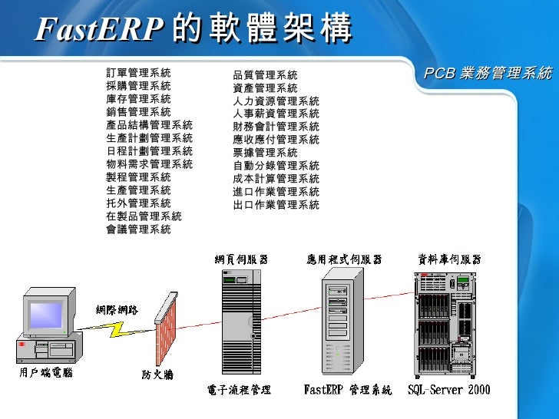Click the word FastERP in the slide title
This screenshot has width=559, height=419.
point(99,30)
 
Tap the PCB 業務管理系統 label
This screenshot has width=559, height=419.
point(488,73)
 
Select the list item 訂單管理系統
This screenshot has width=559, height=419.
point(139,73)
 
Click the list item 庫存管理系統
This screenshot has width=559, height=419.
point(139,99)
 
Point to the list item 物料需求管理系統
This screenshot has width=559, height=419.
point(150,164)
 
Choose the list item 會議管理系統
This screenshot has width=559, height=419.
point(139,229)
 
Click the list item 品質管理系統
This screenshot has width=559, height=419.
point(265,75)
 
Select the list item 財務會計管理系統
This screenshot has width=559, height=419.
point(276,127)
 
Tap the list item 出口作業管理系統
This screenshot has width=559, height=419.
point(276,205)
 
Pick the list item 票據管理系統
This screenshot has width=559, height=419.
point(265,153)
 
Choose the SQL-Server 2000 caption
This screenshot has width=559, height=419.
point(448,391)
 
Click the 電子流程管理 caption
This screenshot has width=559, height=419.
point(240,391)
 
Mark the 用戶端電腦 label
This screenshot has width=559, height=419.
point(46,373)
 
